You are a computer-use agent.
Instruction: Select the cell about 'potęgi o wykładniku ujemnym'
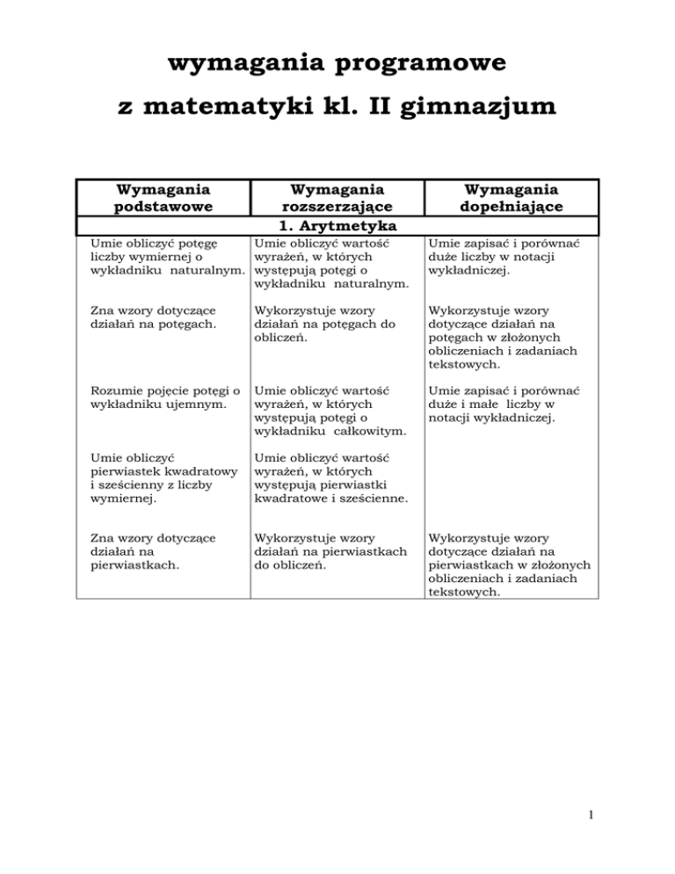click(x=158, y=392)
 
